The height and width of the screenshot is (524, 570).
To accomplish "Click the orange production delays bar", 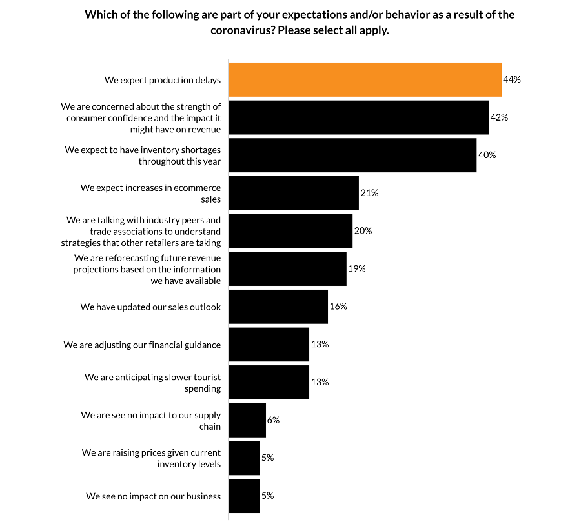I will tap(365, 80).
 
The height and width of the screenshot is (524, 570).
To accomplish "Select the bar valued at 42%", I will tap(358, 117).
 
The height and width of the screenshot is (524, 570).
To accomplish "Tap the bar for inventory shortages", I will tap(352, 155).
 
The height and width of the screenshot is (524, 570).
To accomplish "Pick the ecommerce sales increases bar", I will tap(294, 193).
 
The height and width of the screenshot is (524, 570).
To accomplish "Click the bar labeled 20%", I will tap(290, 230).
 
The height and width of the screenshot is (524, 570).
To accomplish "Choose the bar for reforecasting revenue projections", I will tap(287, 268).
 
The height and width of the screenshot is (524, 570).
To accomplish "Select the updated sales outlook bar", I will tap(278, 307).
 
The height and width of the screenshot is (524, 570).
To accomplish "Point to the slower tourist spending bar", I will tap(269, 382).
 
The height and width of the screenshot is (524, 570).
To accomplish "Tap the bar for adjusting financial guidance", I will tap(269, 344).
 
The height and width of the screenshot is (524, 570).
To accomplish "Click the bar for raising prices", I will tap(244, 458).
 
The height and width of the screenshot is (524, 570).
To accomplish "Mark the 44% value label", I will tap(512, 79).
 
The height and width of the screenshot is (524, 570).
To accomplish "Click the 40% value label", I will tap(487, 155).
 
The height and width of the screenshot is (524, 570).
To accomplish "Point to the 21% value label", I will tap(369, 193).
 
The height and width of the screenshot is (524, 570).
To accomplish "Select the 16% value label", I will tap(338, 306).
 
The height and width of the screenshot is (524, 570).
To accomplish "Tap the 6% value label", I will tap(273, 419).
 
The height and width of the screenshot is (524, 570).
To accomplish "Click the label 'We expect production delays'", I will tap(163, 81).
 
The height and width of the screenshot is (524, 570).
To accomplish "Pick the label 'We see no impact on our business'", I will tap(154, 496).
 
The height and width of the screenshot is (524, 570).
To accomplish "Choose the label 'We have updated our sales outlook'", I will tap(150, 307).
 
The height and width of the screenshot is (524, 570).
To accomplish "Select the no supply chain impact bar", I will tap(247, 420).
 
